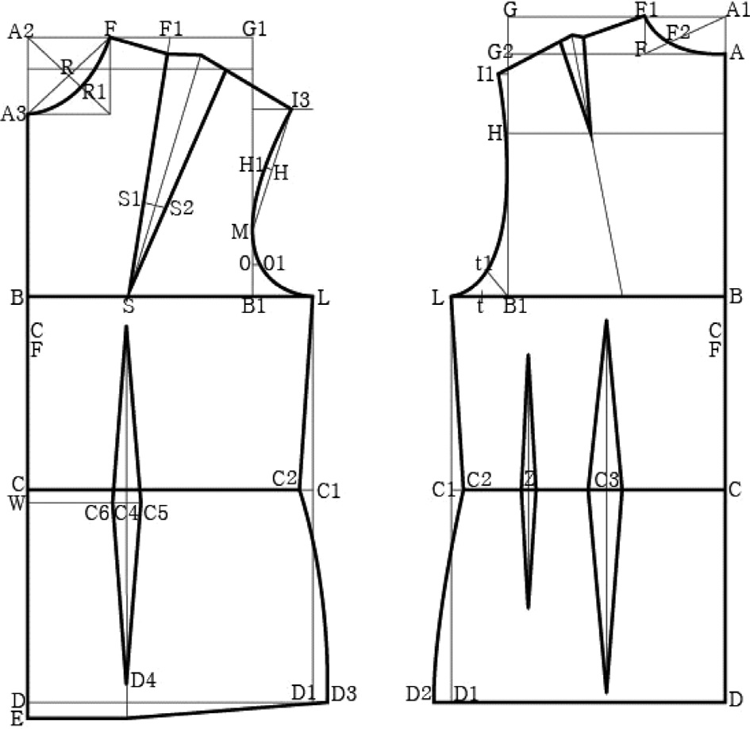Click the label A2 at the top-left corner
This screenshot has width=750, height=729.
pyautogui.click(x=20, y=32)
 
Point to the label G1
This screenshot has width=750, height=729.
pyautogui.click(x=255, y=29)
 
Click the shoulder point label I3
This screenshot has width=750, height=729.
pyautogui.click(x=301, y=101)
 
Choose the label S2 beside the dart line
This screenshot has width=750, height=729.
pyautogui.click(x=182, y=208)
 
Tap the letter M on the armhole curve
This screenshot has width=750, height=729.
pyautogui.click(x=240, y=233)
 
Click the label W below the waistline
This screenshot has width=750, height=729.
pyautogui.click(x=16, y=502)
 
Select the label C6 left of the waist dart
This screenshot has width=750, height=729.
pyautogui.click(x=97, y=514)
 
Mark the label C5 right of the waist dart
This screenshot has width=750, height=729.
pyautogui.click(x=156, y=514)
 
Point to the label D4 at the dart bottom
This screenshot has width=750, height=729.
pyautogui.click(x=143, y=680)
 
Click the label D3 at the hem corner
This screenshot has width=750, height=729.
pyautogui.click(x=344, y=693)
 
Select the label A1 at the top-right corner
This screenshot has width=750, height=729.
pyautogui.click(x=737, y=10)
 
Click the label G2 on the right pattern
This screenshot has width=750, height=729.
pyautogui.click(x=502, y=52)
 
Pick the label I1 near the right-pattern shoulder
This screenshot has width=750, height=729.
pyautogui.click(x=486, y=75)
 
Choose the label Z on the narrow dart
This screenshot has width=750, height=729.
pyautogui.click(x=529, y=480)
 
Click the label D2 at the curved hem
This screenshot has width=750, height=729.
pyautogui.click(x=418, y=694)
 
